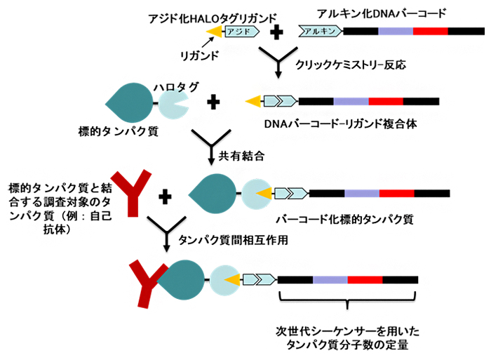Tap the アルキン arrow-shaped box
click(320, 30)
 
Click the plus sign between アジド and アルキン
click(277, 30)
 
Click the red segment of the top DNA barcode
click(430, 30)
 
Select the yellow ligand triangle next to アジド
click(216, 30)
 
